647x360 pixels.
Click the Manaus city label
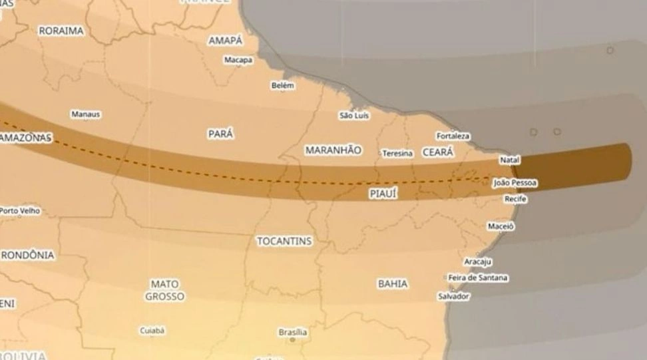click(86, 114)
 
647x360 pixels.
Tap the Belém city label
click(282, 86)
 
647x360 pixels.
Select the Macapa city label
click(238, 60)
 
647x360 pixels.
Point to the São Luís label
click(354, 116)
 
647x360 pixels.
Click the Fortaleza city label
click(453, 136)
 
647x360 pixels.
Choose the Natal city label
click(509, 160)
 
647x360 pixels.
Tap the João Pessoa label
click(515, 183)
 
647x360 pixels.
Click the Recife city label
click(516, 199)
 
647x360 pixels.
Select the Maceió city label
click(501, 226)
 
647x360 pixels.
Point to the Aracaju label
click(478, 262)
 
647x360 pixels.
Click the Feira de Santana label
click(478, 277)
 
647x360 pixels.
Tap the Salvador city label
click(453, 296)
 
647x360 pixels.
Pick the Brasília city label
click(292, 332)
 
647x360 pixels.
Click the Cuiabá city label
click(152, 330)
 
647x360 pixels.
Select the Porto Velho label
click(19, 211)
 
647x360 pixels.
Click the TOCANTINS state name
click(284, 242)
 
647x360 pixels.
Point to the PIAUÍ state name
click(383, 194)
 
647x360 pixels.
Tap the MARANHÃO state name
click(333, 150)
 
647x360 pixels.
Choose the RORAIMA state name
click(61, 31)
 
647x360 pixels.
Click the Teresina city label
click(397, 154)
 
